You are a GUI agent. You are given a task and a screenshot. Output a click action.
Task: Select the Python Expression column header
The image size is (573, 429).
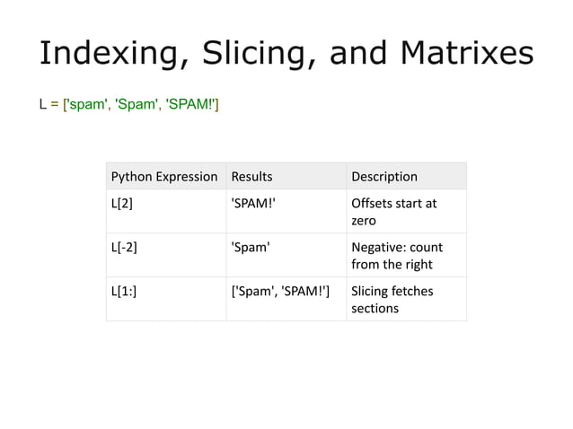click(163, 177)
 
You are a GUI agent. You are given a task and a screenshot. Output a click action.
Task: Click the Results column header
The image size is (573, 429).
click(251, 177)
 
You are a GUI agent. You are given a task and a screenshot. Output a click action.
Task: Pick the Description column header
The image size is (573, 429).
click(383, 177)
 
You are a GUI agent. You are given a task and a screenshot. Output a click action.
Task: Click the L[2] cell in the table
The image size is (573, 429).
click(122, 203)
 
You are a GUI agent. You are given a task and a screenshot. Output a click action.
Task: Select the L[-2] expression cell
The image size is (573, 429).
click(125, 246)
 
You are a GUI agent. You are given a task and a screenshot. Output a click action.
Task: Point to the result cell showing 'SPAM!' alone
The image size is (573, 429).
click(254, 203)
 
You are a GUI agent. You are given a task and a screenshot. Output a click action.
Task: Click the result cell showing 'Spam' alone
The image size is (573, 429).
click(251, 246)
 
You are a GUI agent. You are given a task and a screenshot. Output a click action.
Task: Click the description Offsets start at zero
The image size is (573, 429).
click(393, 211)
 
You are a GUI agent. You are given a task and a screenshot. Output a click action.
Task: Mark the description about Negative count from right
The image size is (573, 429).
click(396, 255)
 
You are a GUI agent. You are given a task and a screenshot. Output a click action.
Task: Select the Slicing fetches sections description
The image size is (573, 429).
click(392, 298)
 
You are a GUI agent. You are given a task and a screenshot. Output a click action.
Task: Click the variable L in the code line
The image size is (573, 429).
click(42, 108)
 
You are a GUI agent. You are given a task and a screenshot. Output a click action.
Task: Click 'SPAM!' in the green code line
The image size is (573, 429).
click(189, 108)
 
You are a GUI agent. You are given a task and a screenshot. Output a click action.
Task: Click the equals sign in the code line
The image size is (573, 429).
click(54, 108)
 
